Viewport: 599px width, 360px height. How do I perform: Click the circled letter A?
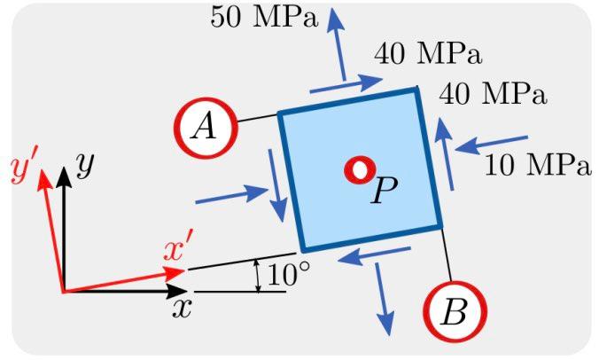click(x=206, y=129)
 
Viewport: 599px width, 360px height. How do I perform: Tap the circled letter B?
click(x=455, y=312)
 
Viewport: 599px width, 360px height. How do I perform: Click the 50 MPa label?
click(x=263, y=17)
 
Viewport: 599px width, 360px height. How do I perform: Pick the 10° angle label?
click(x=288, y=275)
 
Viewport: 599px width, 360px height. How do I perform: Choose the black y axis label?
click(x=84, y=165)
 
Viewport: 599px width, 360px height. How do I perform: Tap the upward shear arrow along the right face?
click(x=447, y=152)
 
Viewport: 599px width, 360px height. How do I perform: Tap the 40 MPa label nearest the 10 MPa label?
click(x=493, y=91)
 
